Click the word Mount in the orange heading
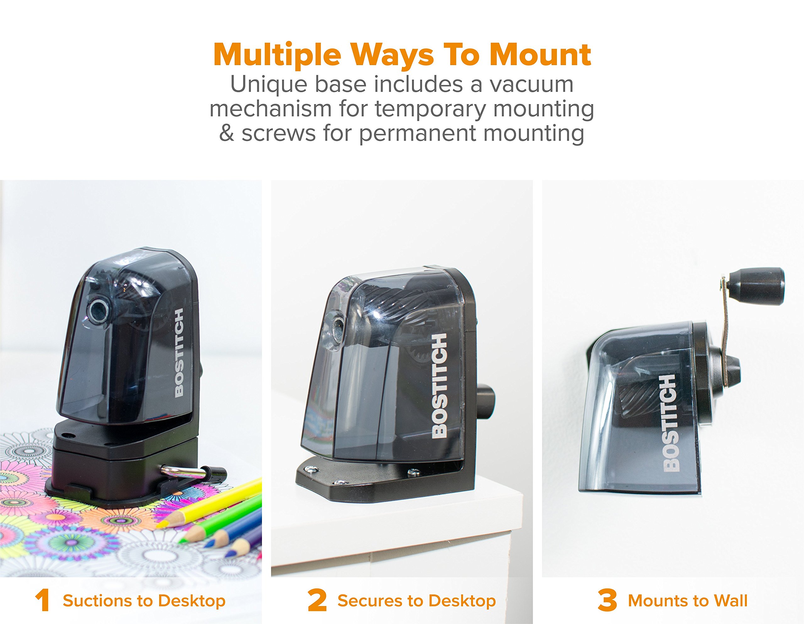540,55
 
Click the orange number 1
43,600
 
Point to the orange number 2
317,600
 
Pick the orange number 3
607,600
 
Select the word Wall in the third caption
731,601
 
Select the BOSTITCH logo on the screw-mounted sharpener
439,386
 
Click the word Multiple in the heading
278,55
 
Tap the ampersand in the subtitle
227,133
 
